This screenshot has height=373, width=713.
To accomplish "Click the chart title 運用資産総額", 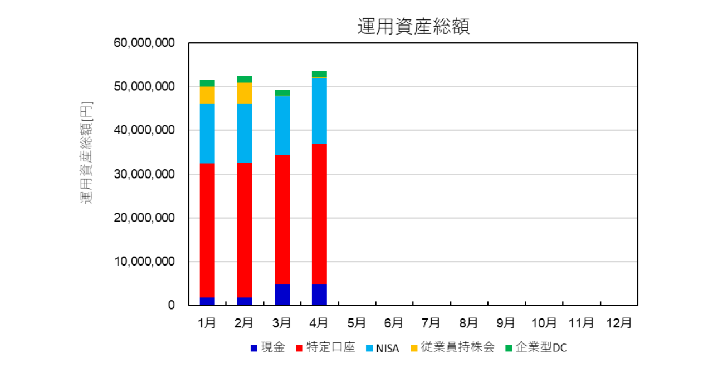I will [413, 26].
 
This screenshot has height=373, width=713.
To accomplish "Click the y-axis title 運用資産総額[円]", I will [87, 152].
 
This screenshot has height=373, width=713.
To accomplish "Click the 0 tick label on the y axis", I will [170, 305].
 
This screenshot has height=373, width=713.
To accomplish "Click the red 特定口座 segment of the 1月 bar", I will [207, 230].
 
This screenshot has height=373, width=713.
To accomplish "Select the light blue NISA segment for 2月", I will [245, 132].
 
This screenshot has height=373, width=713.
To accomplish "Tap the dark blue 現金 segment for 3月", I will [282, 295].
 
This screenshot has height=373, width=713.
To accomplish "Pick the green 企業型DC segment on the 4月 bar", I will [319, 74].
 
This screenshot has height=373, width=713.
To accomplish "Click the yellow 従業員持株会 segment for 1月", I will [207, 95].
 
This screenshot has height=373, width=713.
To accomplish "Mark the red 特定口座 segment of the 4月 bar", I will [319, 214].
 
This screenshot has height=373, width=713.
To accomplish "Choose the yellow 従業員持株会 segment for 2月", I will [245, 93].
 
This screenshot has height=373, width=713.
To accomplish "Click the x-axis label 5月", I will [356, 323].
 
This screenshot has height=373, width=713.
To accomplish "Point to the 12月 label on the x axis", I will [619, 323].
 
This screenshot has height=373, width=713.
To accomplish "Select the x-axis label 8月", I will [468, 323].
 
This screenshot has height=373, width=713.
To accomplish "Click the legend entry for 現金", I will [267, 348].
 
